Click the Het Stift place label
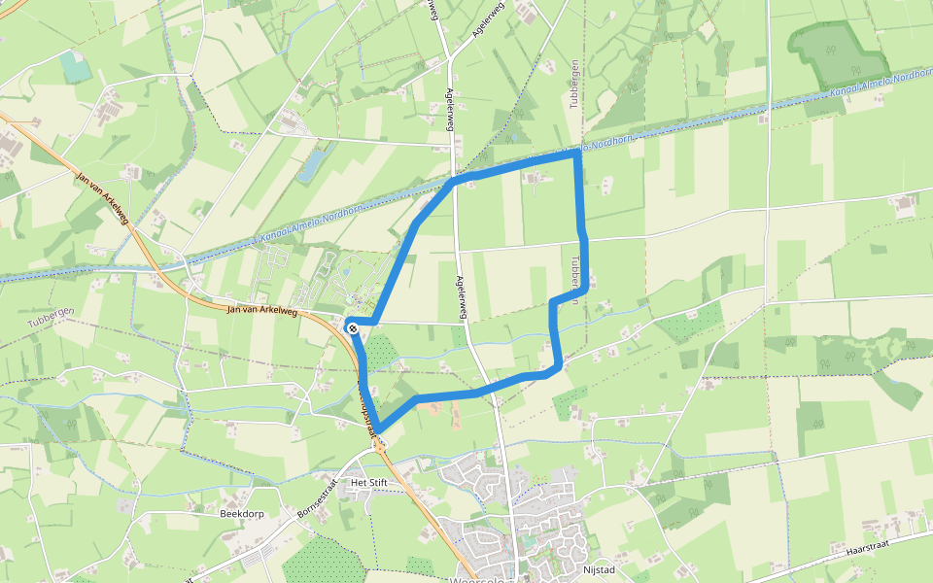pos(369,482)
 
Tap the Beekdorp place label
pos(243,513)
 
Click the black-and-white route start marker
pos(353,328)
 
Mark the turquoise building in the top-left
pos(74,65)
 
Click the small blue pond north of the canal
pos(312,163)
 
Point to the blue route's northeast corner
pos(577,153)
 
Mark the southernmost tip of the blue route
pos(377,429)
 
